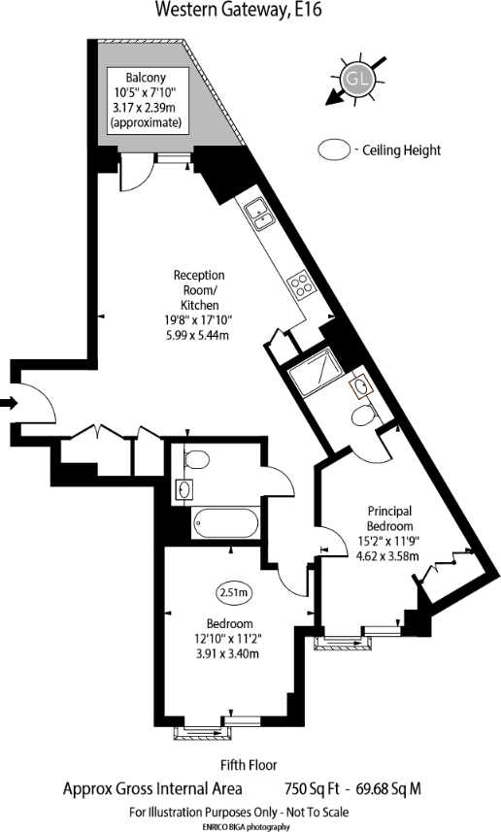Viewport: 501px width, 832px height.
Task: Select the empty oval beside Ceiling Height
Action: tap(336, 150)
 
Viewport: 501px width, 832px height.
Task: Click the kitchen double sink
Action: tap(257, 212)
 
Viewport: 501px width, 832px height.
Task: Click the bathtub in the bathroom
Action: tap(225, 525)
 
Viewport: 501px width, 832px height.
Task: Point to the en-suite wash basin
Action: tap(362, 387)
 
